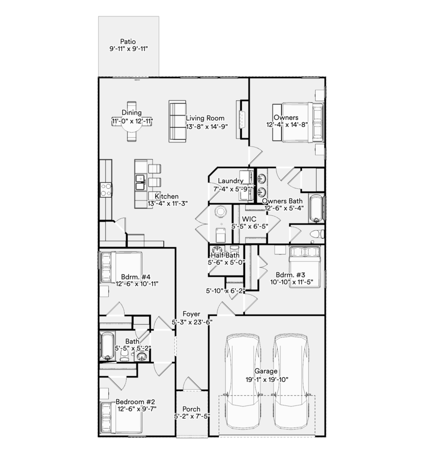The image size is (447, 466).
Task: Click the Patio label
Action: click(x=128, y=41)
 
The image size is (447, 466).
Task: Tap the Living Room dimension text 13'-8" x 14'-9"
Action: click(x=207, y=126)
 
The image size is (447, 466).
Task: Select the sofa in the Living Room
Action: click(x=178, y=121)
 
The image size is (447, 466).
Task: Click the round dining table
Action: click(x=132, y=122)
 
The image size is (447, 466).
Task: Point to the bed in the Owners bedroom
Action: click(x=298, y=122)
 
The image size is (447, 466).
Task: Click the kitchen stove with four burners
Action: click(x=106, y=190)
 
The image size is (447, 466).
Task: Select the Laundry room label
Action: click(x=231, y=181)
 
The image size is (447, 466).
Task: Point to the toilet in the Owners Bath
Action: click(x=317, y=234)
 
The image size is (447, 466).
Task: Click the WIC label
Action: click(x=249, y=219)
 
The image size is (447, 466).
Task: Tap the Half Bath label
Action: click(x=225, y=255)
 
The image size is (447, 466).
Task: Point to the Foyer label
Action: click(x=191, y=314)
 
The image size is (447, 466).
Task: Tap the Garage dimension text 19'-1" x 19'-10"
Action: click(x=267, y=380)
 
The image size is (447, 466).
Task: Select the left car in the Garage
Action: click(x=243, y=382)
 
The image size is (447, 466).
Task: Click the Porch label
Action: click(x=191, y=409)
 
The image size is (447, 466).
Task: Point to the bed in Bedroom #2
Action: click(x=121, y=417)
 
